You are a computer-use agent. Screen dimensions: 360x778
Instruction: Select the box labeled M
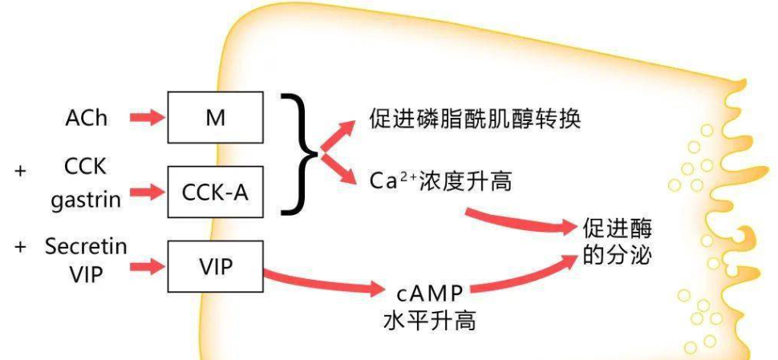point(214,117)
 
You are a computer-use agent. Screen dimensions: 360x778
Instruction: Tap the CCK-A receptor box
point(214,192)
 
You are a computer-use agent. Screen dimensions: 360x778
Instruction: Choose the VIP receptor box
point(214,266)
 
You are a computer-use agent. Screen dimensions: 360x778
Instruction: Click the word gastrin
point(86,200)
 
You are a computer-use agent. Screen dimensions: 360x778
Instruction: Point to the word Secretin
point(87,247)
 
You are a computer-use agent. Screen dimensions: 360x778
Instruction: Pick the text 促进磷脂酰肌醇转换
point(475,120)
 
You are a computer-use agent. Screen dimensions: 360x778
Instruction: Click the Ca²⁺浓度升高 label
point(440,182)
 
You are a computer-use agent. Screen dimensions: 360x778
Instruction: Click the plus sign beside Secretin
point(19,247)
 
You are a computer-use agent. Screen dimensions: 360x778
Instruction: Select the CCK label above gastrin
point(86,167)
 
